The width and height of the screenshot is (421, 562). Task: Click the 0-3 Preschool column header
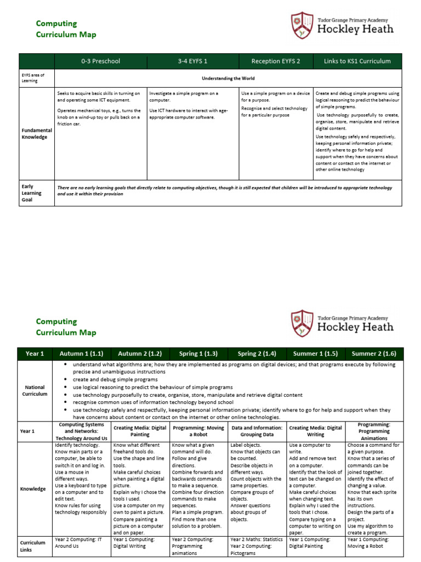click(x=100, y=61)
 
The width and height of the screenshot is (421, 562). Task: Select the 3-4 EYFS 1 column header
click(x=194, y=61)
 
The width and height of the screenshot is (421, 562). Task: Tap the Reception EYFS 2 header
click(x=276, y=61)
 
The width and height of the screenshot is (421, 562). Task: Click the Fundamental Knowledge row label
click(x=35, y=133)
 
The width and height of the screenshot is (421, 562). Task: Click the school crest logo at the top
click(x=302, y=26)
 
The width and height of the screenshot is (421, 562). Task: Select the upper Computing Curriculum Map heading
click(x=66, y=29)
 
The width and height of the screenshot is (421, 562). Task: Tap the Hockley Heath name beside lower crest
click(x=355, y=327)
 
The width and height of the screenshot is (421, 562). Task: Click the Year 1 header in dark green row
click(x=35, y=353)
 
